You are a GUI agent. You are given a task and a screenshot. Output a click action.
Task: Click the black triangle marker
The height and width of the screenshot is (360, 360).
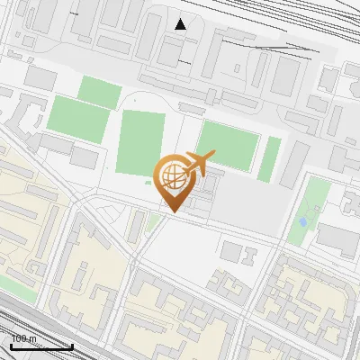pos(181,24)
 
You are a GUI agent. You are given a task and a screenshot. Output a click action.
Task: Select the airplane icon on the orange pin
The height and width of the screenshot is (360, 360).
pos(199,163)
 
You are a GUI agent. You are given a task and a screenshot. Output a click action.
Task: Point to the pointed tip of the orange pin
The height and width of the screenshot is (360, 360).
pos(173,211)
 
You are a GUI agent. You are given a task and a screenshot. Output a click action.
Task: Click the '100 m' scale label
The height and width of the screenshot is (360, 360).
pos(24,338)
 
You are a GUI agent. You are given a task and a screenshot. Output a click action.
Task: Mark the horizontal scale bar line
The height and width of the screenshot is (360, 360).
pos(41,346)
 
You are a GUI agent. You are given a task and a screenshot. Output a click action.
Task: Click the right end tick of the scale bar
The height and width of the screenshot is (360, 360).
pos(72,345)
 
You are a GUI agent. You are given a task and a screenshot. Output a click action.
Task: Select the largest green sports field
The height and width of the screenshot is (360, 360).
pos(140,144)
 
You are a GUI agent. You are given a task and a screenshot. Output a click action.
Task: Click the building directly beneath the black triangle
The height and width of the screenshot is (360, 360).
pos(171,49)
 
